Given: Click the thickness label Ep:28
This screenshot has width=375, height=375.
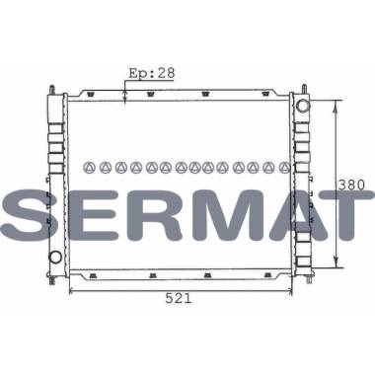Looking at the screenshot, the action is click(152, 73).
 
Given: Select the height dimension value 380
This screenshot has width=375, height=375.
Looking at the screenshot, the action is click(351, 186).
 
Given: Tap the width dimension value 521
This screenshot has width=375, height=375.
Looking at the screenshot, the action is click(179, 298).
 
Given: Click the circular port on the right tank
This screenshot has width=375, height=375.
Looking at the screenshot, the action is click(303, 106).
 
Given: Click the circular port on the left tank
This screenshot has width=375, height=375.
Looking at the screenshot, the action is click(55, 257).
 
